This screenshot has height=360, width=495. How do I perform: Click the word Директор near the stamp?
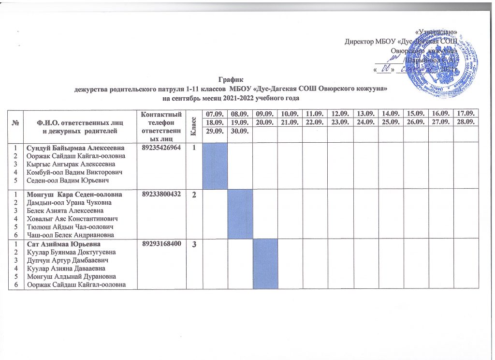click(360, 41)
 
